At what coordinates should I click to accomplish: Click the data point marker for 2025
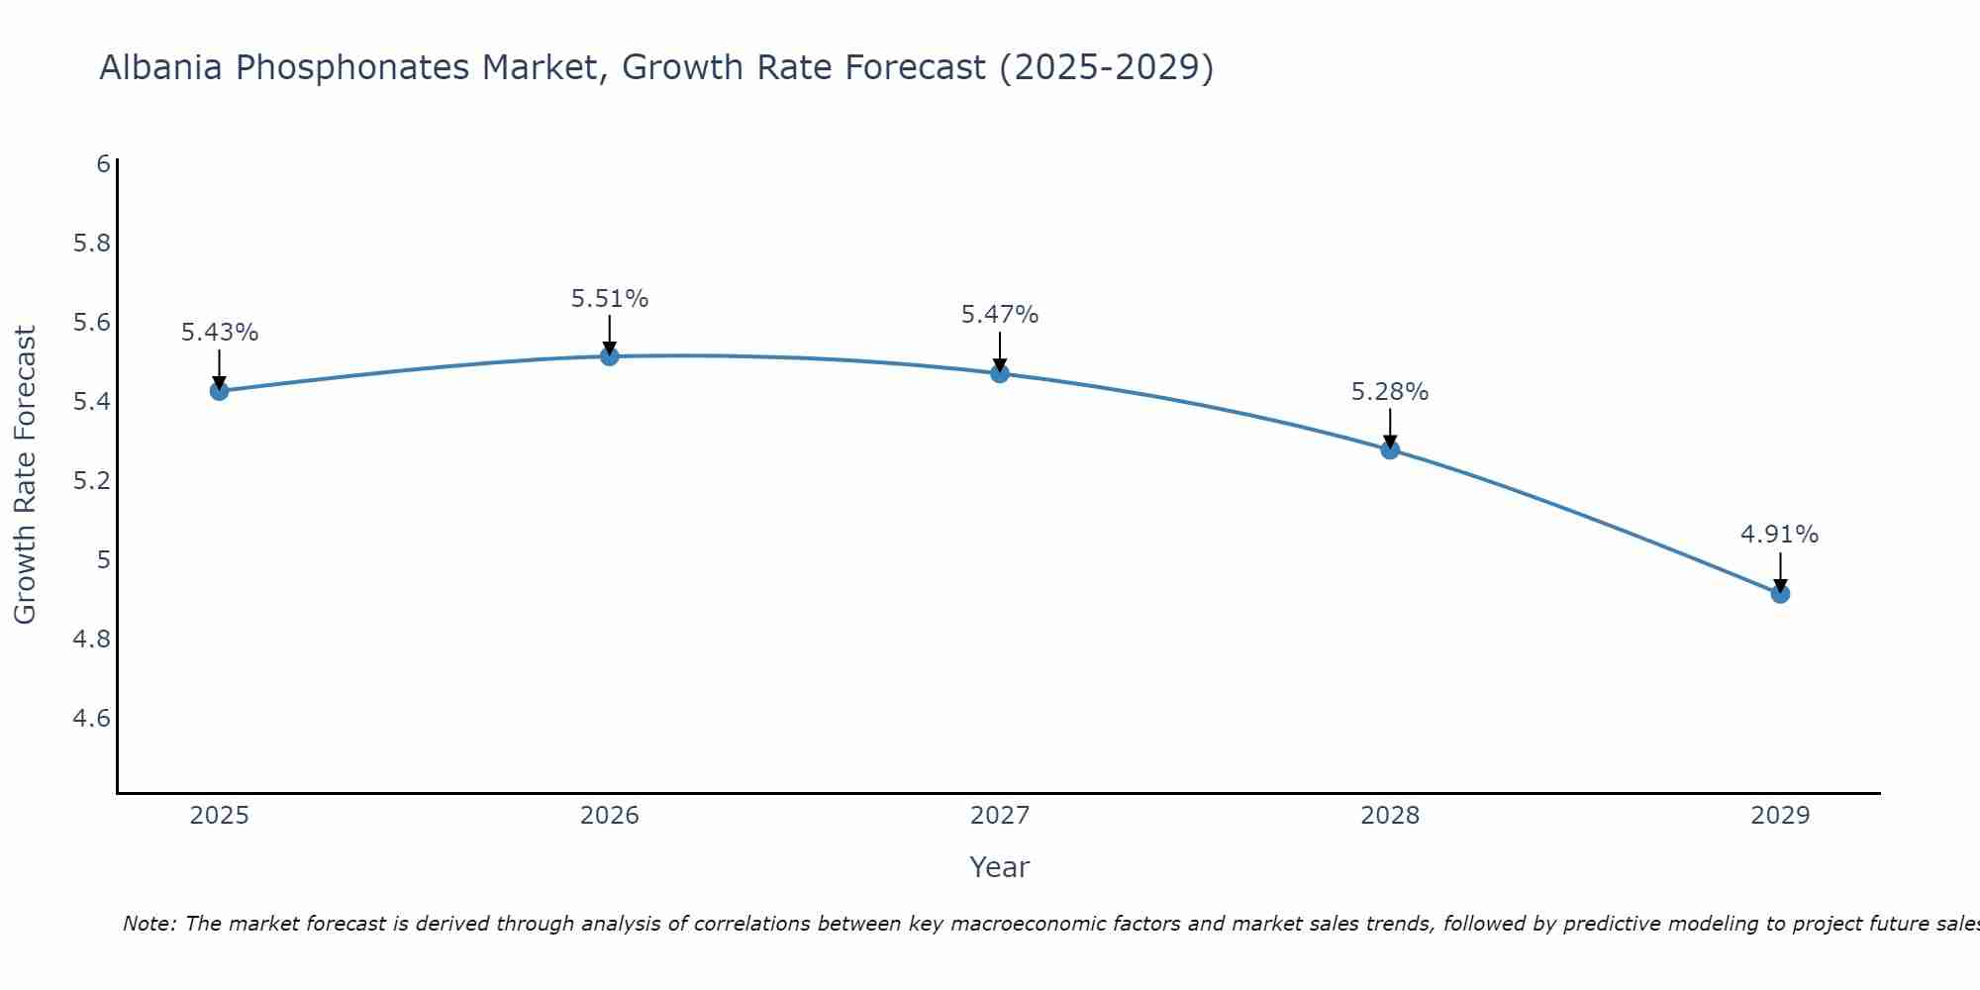point(220,391)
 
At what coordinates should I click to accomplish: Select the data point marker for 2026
point(610,356)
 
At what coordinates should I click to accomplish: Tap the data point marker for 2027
point(1000,373)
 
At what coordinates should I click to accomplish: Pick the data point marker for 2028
point(1390,449)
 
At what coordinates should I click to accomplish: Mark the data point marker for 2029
point(1780,594)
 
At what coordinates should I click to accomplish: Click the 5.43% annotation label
point(220,333)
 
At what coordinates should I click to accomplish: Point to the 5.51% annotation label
point(610,298)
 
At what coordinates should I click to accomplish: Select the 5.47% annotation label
point(1000,315)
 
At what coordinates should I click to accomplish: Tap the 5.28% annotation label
point(1390,392)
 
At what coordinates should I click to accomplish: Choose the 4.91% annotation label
point(1780,535)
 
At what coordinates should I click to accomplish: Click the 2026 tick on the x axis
point(610,816)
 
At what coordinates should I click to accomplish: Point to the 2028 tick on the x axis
point(1390,816)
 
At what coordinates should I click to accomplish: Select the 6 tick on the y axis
point(103,164)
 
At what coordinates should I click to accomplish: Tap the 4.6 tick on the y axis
point(91,719)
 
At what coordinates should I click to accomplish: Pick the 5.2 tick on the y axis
point(91,481)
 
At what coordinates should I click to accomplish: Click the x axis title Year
point(1000,867)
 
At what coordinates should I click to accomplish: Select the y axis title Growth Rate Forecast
point(25,475)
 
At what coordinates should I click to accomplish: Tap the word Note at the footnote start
point(148,924)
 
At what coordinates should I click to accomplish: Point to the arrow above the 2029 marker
point(1780,571)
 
